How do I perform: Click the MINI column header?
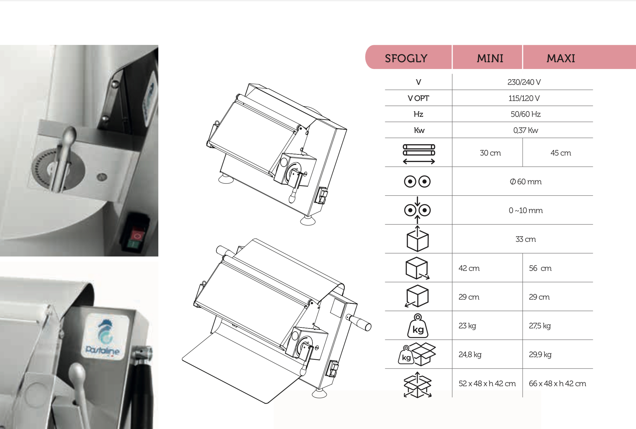coord(490,58)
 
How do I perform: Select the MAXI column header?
coord(561,58)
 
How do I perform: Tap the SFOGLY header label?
coord(406,58)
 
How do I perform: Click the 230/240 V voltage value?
coord(524,82)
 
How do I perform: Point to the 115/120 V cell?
coord(524,98)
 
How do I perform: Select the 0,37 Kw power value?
coord(526,130)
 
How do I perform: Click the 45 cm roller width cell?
coord(561,153)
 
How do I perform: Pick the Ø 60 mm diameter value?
coord(526,182)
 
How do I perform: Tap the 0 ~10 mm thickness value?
coord(526,210)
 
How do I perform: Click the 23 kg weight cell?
coord(467,326)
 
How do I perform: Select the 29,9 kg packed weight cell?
coord(540,354)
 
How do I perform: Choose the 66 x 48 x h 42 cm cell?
coord(557,384)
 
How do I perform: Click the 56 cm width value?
coord(540,268)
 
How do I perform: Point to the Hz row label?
coord(418,114)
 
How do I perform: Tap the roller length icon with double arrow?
coord(419,154)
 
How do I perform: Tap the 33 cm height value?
coord(526,239)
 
